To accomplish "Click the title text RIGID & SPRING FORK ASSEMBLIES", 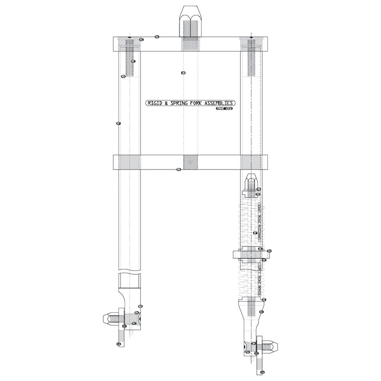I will [x=190, y=103].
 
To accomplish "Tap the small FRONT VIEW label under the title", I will [x=224, y=109].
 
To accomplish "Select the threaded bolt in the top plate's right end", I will [x=252, y=57].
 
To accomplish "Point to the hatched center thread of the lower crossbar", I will [x=190, y=162].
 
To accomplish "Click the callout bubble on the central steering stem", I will [x=183, y=73].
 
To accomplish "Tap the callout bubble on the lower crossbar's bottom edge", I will [x=179, y=169].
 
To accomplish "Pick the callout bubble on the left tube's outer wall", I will [x=118, y=123].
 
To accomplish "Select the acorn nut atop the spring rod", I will [x=251, y=183].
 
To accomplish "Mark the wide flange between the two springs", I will [x=251, y=254].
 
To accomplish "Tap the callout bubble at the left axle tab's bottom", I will [x=119, y=344].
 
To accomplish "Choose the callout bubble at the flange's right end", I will [x=269, y=251].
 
